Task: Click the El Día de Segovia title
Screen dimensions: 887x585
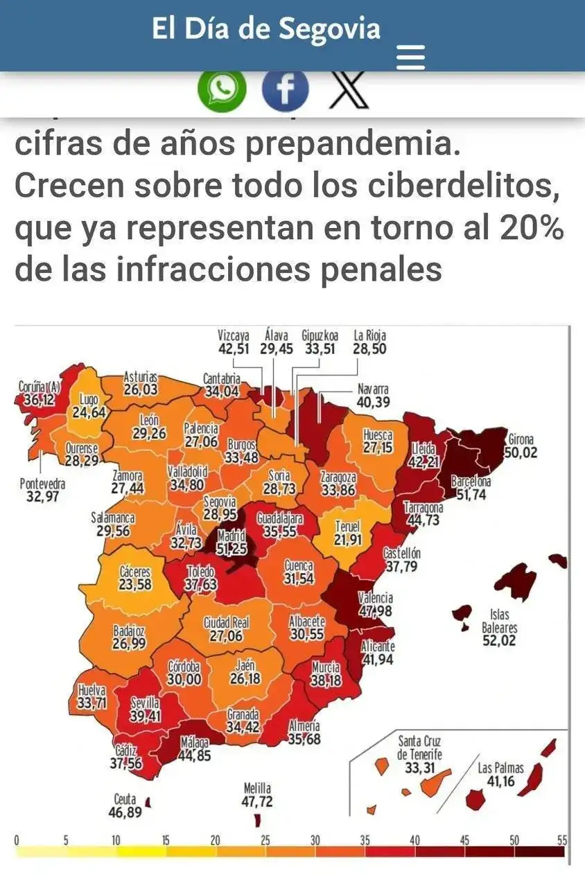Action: click(x=266, y=28)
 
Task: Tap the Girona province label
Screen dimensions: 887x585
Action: click(x=521, y=439)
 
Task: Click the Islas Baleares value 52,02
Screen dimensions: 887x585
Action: click(x=500, y=641)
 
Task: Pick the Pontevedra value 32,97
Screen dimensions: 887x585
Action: click(x=42, y=496)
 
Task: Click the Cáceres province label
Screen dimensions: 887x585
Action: click(x=135, y=572)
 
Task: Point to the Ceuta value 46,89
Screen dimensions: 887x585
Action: click(x=125, y=812)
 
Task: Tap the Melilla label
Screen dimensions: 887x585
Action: click(x=257, y=789)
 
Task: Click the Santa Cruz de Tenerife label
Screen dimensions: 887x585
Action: click(x=419, y=748)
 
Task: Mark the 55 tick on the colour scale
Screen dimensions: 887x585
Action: click(x=562, y=841)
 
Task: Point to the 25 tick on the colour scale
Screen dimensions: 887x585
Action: click(x=265, y=841)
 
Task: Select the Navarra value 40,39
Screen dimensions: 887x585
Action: click(x=374, y=401)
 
